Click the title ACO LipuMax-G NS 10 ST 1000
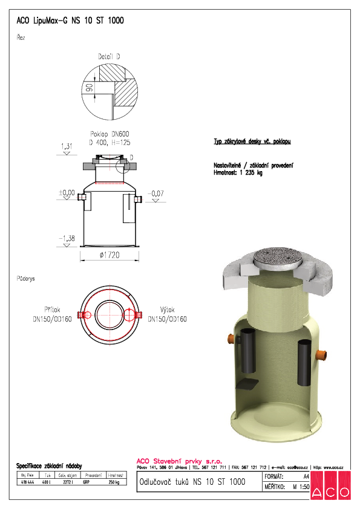point(70,21)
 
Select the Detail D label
point(109,56)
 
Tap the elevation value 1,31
point(67,146)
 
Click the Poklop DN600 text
point(110,134)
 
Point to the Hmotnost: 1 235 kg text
point(238,173)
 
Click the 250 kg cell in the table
point(114,482)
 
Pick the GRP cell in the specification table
point(88,482)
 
